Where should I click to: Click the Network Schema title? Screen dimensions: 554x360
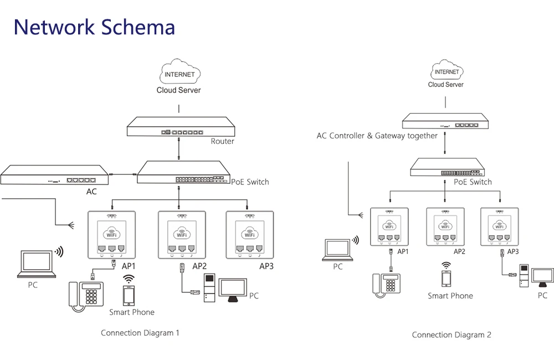click(x=94, y=27)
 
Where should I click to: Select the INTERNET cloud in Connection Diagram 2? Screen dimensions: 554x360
click(x=447, y=70)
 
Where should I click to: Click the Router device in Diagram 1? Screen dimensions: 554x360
click(x=181, y=126)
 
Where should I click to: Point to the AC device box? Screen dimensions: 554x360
click(x=54, y=174)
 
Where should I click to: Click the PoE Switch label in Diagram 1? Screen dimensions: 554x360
click(x=250, y=182)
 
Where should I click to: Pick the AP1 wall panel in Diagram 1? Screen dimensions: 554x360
click(x=112, y=235)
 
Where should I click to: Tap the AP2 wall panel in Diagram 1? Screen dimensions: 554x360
click(x=182, y=235)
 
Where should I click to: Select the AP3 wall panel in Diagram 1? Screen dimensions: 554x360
click(x=250, y=235)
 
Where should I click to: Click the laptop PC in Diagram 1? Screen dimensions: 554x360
click(x=37, y=264)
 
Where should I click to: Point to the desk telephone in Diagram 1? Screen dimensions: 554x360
click(x=86, y=296)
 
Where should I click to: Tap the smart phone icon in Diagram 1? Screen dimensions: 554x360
click(x=129, y=295)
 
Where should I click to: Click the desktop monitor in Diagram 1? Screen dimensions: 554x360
click(x=233, y=290)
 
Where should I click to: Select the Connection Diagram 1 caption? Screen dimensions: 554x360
click(x=140, y=333)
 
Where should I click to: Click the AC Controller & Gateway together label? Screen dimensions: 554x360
click(x=377, y=136)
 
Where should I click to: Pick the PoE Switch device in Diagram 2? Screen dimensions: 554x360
click(x=447, y=167)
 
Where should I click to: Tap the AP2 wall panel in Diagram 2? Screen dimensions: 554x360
click(x=445, y=227)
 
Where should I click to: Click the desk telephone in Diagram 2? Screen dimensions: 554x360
click(x=386, y=285)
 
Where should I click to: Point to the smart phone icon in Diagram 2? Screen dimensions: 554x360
click(x=446, y=279)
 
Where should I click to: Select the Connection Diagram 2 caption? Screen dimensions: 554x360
click(x=452, y=335)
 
